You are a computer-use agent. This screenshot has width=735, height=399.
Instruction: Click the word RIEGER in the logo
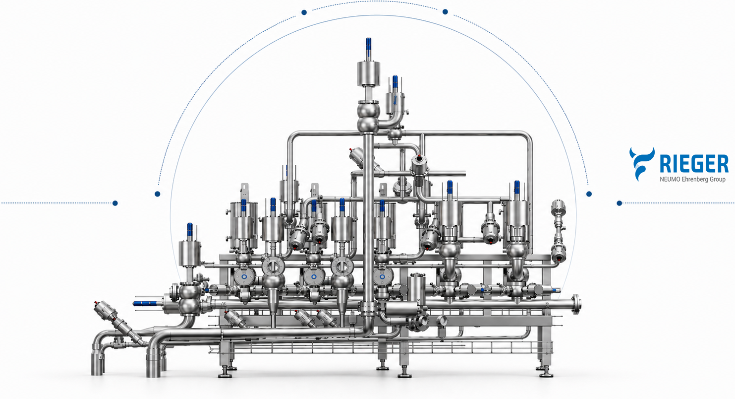[694, 164]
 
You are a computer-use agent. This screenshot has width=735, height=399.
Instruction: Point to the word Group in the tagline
[718, 180]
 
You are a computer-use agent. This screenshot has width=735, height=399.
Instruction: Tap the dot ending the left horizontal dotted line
[115, 203]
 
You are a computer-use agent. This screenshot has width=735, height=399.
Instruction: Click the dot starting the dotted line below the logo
[619, 203]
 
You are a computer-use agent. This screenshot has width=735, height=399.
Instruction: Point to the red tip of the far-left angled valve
[96, 302]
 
